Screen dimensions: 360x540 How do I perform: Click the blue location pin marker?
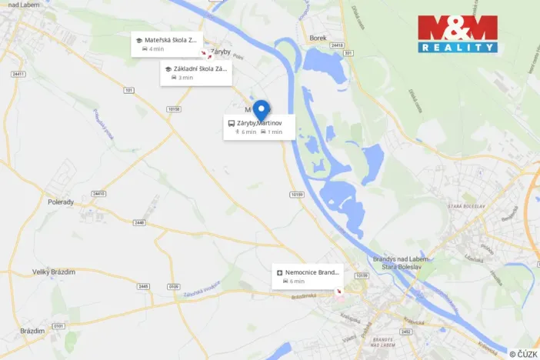[261, 111]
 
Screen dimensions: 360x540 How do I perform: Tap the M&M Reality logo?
[457, 34]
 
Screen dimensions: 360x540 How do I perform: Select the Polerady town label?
[59, 202]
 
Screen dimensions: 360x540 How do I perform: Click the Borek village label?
[318, 37]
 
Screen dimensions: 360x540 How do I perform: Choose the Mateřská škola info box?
[165, 44]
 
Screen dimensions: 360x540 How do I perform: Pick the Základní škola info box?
[195, 72]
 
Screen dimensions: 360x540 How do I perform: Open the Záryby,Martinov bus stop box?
[255, 127]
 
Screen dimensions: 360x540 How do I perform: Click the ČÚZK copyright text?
[523, 353]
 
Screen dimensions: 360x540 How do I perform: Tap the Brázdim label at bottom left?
[33, 330]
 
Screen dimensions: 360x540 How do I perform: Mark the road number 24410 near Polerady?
[97, 194]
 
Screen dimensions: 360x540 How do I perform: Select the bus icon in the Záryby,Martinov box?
[231, 123]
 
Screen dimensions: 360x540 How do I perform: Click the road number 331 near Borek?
[348, 52]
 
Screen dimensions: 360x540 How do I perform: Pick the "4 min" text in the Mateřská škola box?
[157, 48]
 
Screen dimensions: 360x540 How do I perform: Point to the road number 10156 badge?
[174, 108]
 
